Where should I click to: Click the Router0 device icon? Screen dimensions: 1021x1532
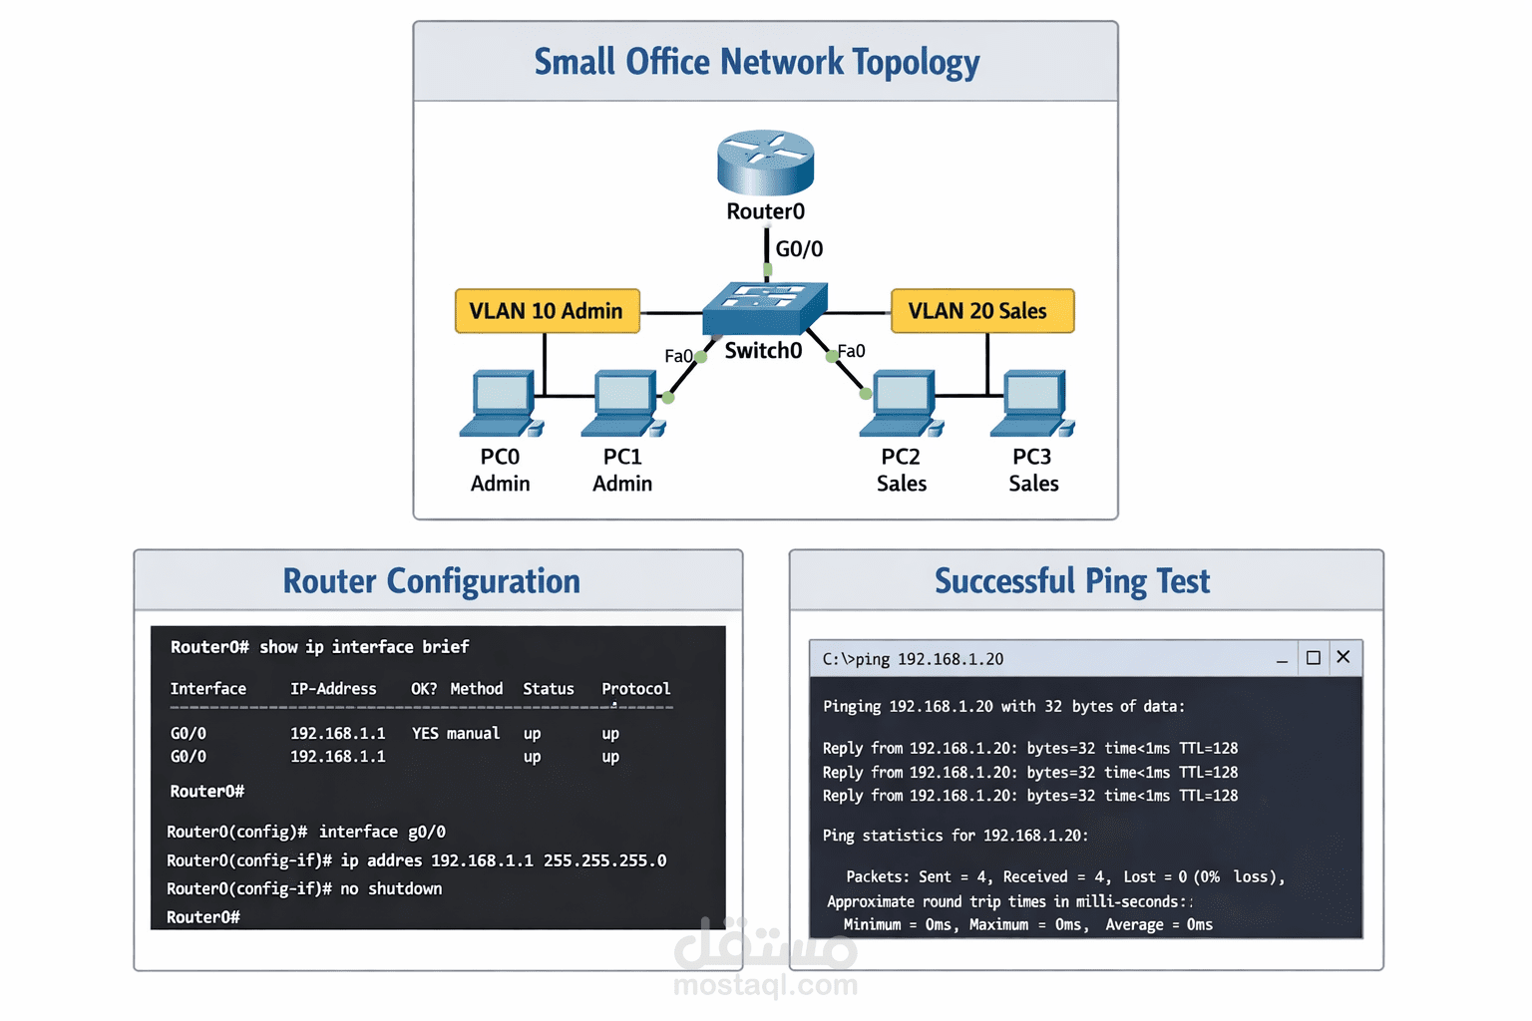(765, 163)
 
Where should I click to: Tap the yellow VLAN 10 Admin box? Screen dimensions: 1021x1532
(547, 311)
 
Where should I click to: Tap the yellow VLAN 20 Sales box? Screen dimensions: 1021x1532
(981, 311)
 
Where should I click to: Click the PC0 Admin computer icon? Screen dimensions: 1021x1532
(501, 404)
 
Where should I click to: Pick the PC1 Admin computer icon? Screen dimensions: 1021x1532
(622, 404)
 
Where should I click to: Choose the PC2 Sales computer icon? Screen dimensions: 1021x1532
(901, 404)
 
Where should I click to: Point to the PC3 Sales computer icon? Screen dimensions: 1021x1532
(1031, 404)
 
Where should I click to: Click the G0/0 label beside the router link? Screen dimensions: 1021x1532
(799, 249)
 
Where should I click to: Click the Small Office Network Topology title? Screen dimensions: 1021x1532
(757, 62)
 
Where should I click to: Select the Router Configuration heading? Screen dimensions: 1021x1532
(431, 581)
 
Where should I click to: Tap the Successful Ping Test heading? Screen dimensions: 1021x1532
(1072, 581)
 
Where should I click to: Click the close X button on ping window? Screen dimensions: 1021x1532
(1342, 657)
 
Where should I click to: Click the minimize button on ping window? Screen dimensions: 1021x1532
(1282, 659)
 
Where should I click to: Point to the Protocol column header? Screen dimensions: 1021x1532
(635, 689)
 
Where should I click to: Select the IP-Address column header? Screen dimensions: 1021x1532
(333, 689)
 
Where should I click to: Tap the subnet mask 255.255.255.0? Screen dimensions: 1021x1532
(604, 860)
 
